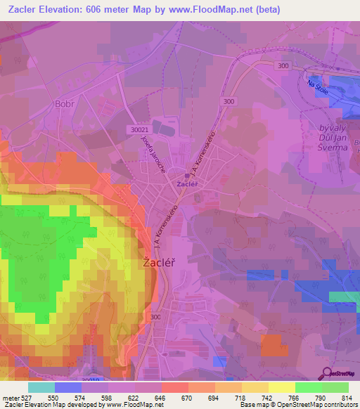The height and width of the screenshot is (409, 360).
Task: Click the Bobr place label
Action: coord(63,103)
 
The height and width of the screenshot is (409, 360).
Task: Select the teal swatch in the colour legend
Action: coord(41,387)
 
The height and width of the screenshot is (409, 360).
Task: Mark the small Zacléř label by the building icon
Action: coord(186,184)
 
